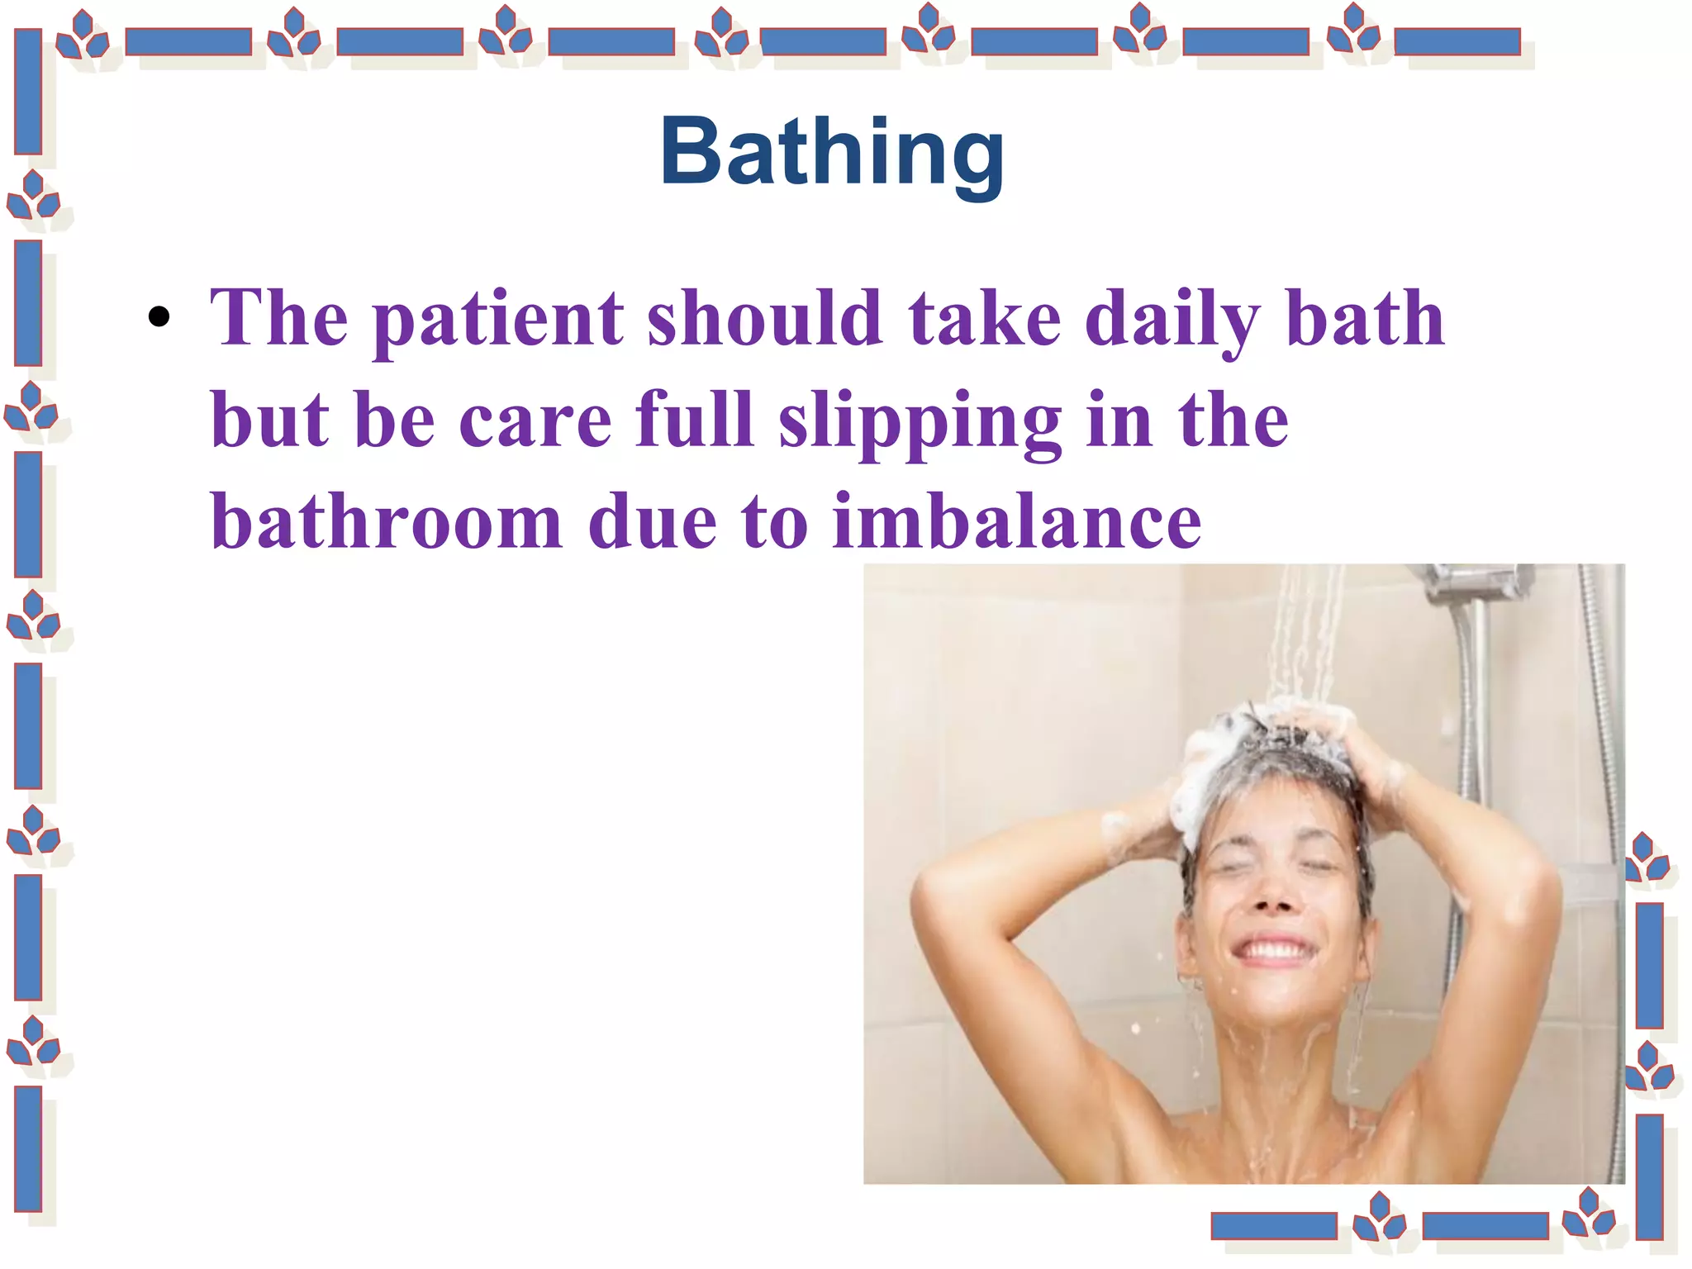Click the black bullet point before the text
(159, 317)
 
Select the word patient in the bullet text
(498, 319)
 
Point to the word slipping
(920, 421)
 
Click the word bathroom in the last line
(387, 522)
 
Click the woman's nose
(1274, 897)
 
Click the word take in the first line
(984, 319)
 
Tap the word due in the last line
(652, 522)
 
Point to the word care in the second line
(535, 421)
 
